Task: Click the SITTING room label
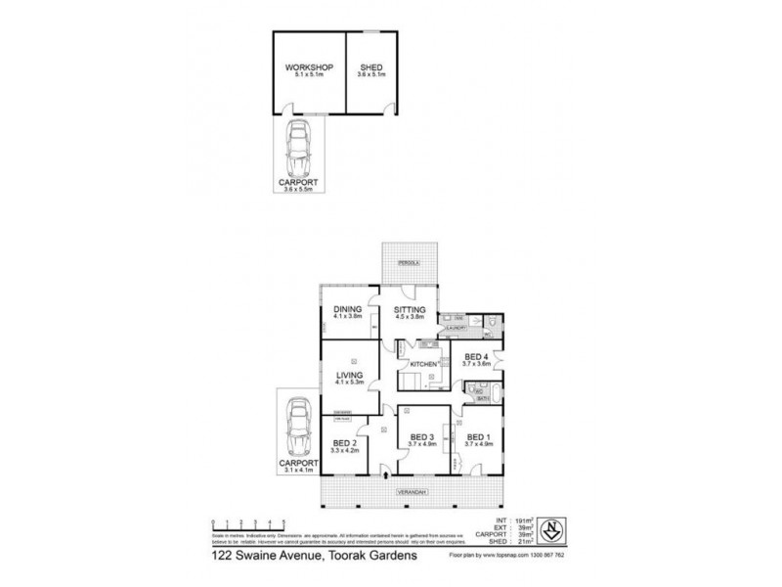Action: coord(410,310)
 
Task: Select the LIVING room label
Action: coord(349,377)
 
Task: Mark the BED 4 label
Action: coord(476,357)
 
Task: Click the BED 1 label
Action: coord(478,436)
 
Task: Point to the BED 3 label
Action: coord(421,436)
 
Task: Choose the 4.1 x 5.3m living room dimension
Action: coord(349,384)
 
